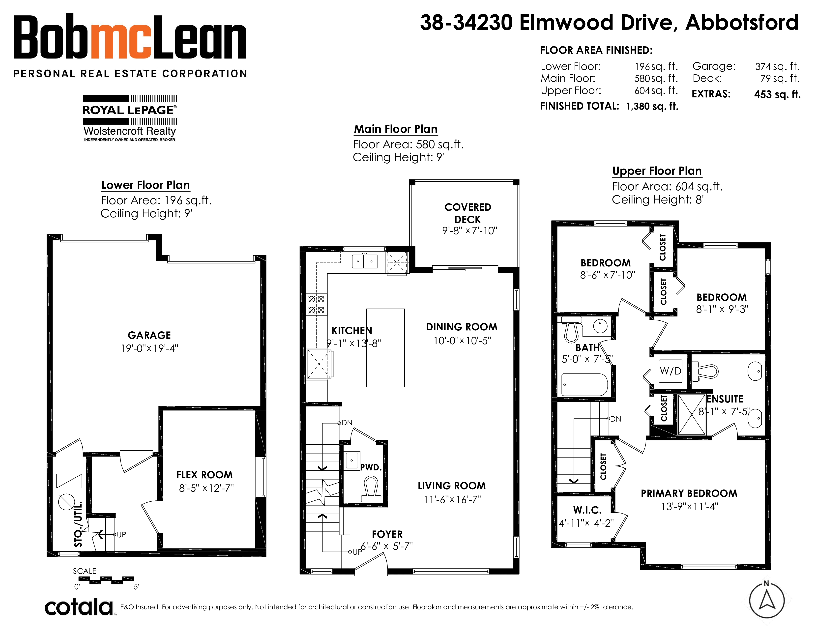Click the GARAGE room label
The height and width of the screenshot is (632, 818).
(149, 335)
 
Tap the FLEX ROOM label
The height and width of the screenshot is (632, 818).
(204, 475)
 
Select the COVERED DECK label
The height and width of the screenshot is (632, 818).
(468, 213)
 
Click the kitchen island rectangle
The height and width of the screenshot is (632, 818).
(385, 347)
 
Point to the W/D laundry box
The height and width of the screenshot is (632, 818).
(671, 371)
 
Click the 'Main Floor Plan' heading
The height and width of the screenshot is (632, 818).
(396, 129)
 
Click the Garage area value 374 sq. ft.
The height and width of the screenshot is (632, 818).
(777, 67)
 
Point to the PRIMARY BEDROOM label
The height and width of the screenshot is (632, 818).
(689, 493)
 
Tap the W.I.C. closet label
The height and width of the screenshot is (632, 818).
(587, 510)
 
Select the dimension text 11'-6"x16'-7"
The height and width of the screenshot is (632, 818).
(452, 499)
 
